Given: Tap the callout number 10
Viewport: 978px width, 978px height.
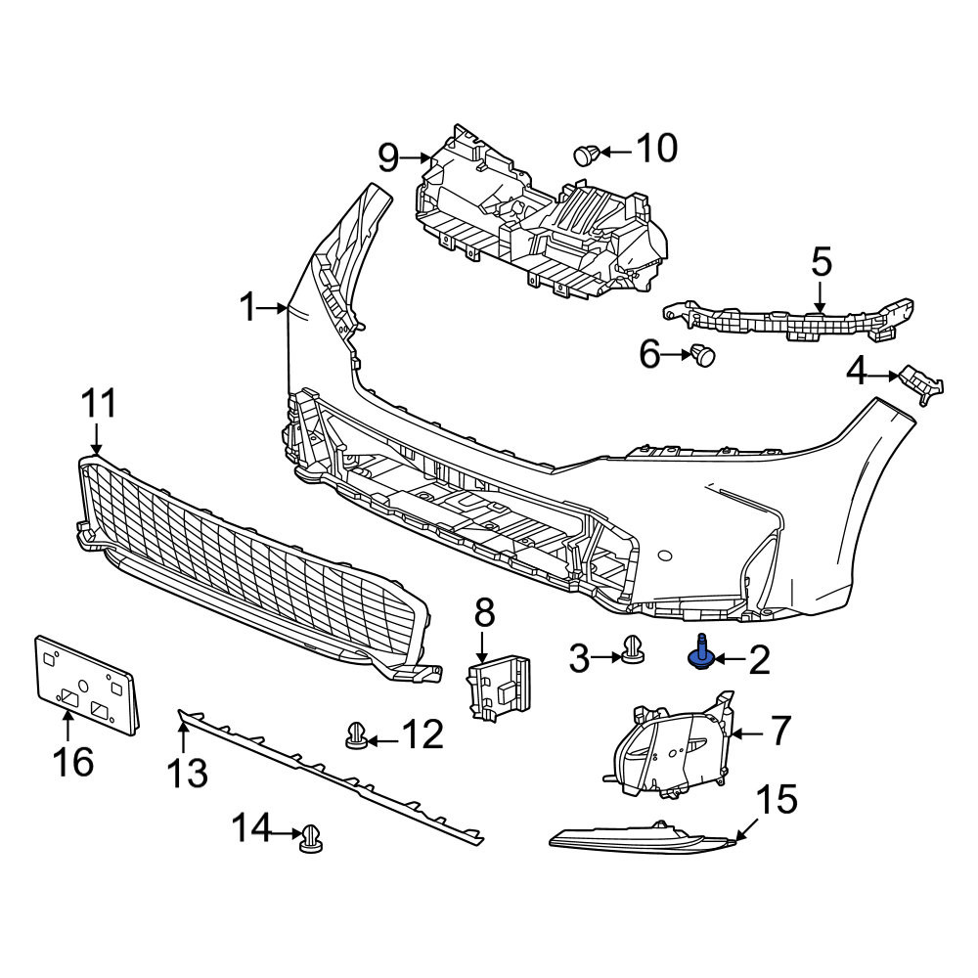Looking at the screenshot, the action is (657, 149).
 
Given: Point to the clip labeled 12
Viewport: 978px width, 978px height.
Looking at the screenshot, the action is (357, 736).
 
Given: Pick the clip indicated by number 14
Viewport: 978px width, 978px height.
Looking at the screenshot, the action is (311, 839).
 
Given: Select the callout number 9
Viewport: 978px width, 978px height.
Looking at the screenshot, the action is (388, 157).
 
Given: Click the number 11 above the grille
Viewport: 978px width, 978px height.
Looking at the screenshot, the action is (99, 403).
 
